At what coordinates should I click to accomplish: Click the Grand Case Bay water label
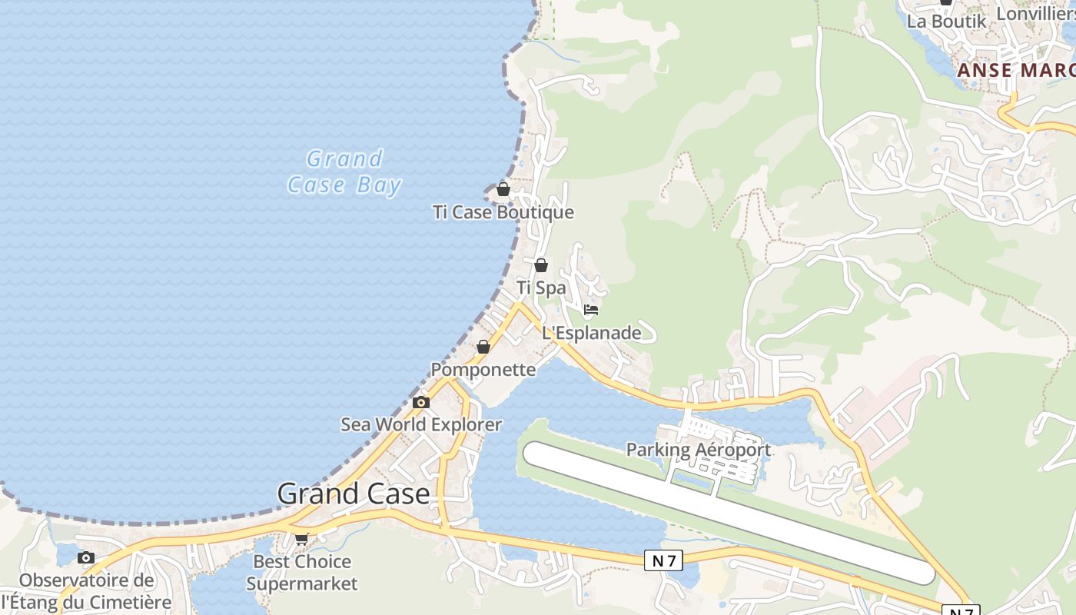point(344,171)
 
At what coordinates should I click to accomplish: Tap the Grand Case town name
point(353,494)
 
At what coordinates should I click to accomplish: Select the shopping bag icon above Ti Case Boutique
point(503,188)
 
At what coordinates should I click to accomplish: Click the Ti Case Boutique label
point(503,212)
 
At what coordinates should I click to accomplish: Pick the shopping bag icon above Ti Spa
point(541,265)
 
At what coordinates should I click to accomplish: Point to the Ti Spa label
point(541,288)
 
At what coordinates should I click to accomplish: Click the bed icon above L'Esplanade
point(590,310)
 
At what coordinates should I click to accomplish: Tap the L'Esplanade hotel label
point(591,333)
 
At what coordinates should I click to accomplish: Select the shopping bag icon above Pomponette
point(483,347)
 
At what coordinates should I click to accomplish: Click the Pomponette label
point(483,370)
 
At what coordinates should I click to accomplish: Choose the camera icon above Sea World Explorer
point(420,402)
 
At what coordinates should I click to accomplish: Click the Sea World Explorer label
point(421,424)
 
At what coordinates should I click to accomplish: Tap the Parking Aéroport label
point(698,450)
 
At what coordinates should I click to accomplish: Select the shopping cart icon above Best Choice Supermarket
point(302,539)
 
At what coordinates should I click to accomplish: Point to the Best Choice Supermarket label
point(302,573)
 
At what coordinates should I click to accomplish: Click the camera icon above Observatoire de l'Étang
point(86,557)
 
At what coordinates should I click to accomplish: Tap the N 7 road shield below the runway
point(663,561)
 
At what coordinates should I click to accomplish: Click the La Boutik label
point(946,22)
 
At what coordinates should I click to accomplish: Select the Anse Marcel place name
point(1015,71)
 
